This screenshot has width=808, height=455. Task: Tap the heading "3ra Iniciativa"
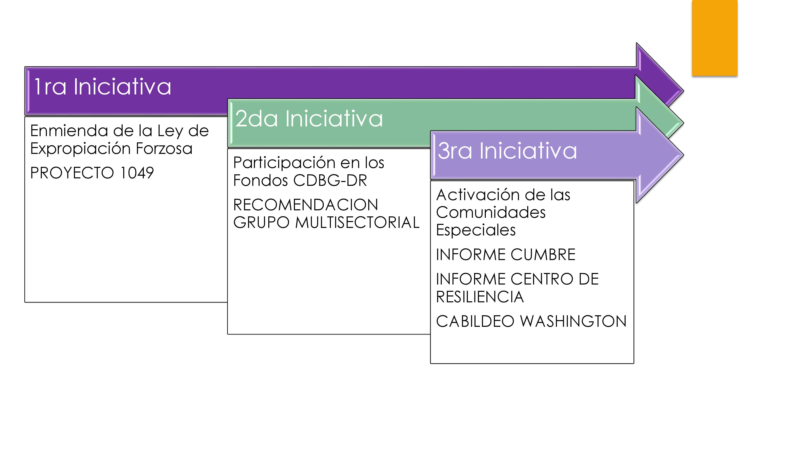click(507, 150)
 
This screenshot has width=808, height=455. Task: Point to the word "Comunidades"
click(491, 212)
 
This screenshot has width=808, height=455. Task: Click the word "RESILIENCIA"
click(480, 297)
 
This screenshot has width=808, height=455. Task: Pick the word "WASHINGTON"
click(573, 321)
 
